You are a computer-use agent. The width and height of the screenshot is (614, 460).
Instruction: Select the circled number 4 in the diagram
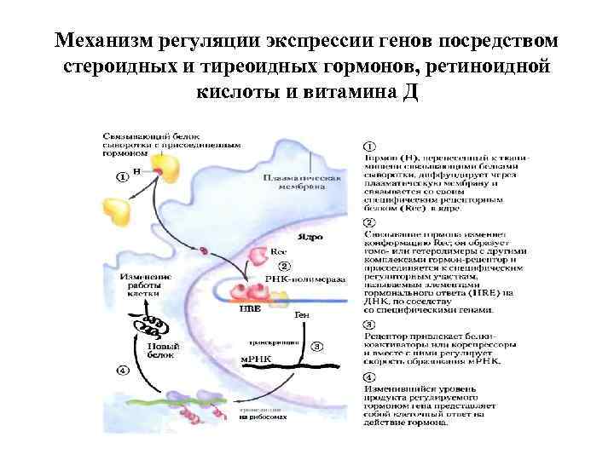click(123, 371)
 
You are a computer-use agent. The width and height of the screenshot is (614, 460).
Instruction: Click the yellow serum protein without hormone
click(119, 208)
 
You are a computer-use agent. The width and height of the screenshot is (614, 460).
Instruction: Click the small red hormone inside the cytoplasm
click(205, 250)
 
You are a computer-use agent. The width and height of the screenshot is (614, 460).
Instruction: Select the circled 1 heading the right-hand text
click(369, 146)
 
